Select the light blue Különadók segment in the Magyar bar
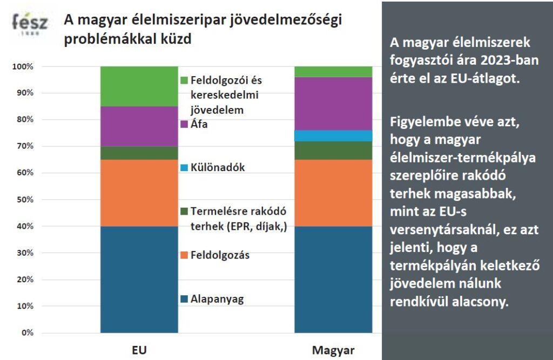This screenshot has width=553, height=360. pyautogui.click(x=333, y=135)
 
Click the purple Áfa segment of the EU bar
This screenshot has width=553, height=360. pyautogui.click(x=139, y=126)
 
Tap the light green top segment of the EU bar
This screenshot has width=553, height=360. pyautogui.click(x=139, y=86)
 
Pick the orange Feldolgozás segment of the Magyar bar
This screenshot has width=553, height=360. pyautogui.click(x=333, y=193)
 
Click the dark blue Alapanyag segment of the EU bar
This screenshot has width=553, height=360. pyautogui.click(x=139, y=279)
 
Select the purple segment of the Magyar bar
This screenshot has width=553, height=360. pyautogui.click(x=333, y=104)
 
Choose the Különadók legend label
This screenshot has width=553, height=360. pyautogui.click(x=218, y=167)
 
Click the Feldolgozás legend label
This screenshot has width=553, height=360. pyautogui.click(x=220, y=255)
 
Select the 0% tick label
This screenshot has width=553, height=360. pyautogui.click(x=26, y=332)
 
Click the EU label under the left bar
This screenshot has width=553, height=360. pyautogui.click(x=139, y=350)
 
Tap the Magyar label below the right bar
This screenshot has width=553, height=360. pyautogui.click(x=333, y=350)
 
